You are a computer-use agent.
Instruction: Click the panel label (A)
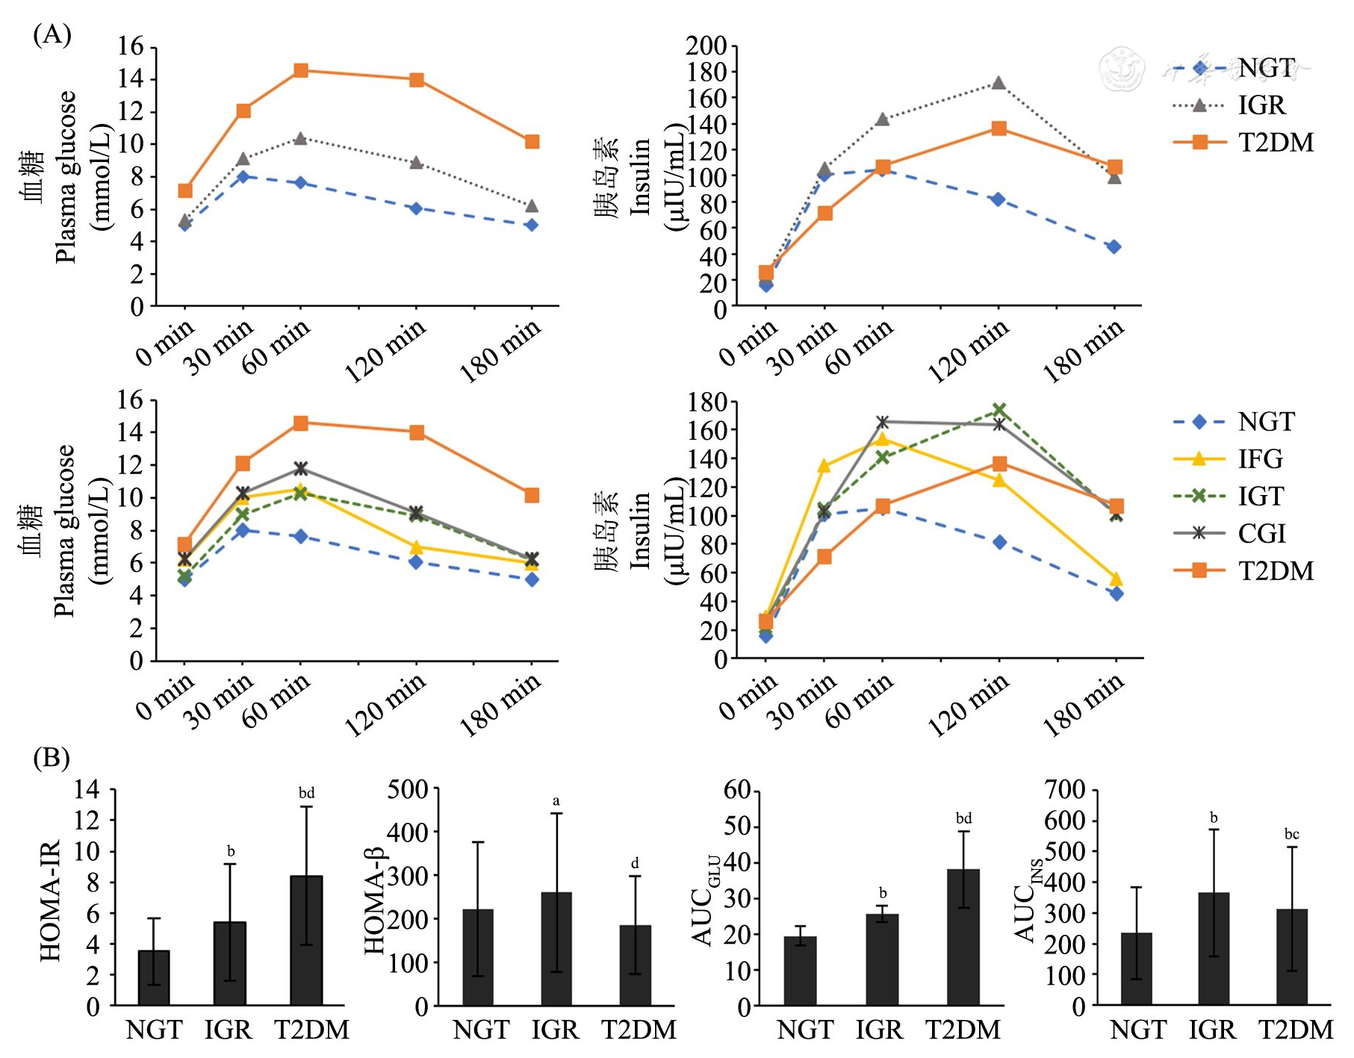tap(52, 34)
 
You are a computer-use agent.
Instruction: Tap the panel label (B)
tap(52, 758)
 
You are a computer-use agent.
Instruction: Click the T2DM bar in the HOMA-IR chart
tap(306, 940)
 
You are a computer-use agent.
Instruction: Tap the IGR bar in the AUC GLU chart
tap(882, 959)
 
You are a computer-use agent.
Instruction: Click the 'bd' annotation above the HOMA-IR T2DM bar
tap(306, 793)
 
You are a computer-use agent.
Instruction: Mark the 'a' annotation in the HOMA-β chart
tap(556, 801)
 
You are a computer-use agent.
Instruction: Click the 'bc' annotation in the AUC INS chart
tap(1292, 834)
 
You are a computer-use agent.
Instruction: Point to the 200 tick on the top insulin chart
tap(706, 46)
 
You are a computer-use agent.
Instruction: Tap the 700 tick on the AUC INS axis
tap(1066, 789)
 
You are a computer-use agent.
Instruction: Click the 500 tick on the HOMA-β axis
tap(407, 789)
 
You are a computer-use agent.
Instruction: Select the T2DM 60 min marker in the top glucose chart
tap(301, 70)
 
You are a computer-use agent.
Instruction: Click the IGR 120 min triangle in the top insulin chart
tap(999, 83)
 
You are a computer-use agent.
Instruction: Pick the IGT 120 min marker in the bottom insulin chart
tap(999, 411)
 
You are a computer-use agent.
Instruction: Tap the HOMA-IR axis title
tap(50, 900)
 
